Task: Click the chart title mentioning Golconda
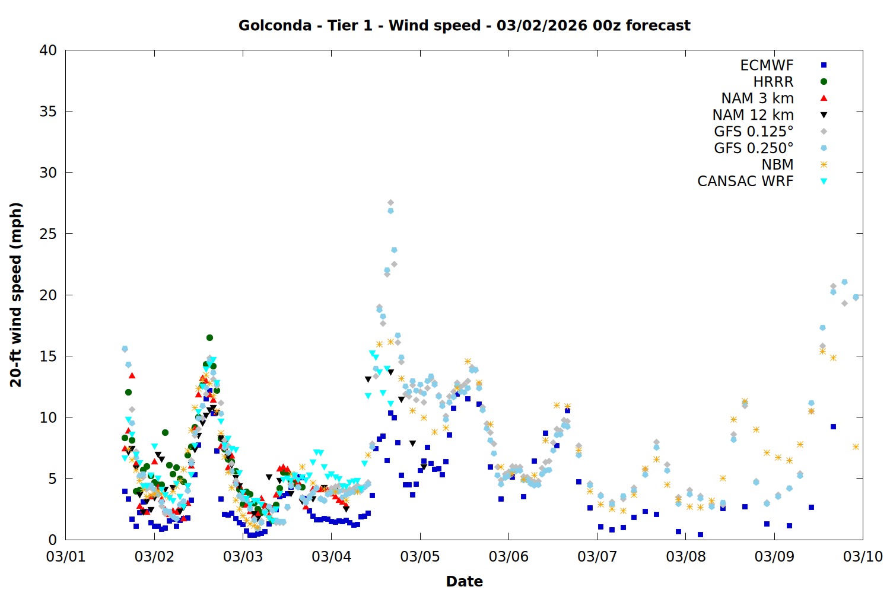464,25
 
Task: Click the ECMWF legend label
767,65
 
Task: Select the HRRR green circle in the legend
824,82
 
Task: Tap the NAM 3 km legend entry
757,98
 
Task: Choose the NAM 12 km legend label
753,115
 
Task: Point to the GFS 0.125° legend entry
754,132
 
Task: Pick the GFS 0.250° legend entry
754,148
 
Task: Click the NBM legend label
777,165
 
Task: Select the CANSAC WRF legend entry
745,181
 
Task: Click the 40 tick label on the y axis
48,50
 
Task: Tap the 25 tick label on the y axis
48,234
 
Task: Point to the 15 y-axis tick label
48,356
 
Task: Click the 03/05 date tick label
420,556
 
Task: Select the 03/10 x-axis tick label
863,556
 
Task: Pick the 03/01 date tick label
66,556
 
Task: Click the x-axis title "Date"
464,581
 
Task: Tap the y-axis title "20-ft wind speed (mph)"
16,295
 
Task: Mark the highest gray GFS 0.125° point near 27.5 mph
390,203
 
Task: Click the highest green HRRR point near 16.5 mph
209,337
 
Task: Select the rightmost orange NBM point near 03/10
856,447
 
